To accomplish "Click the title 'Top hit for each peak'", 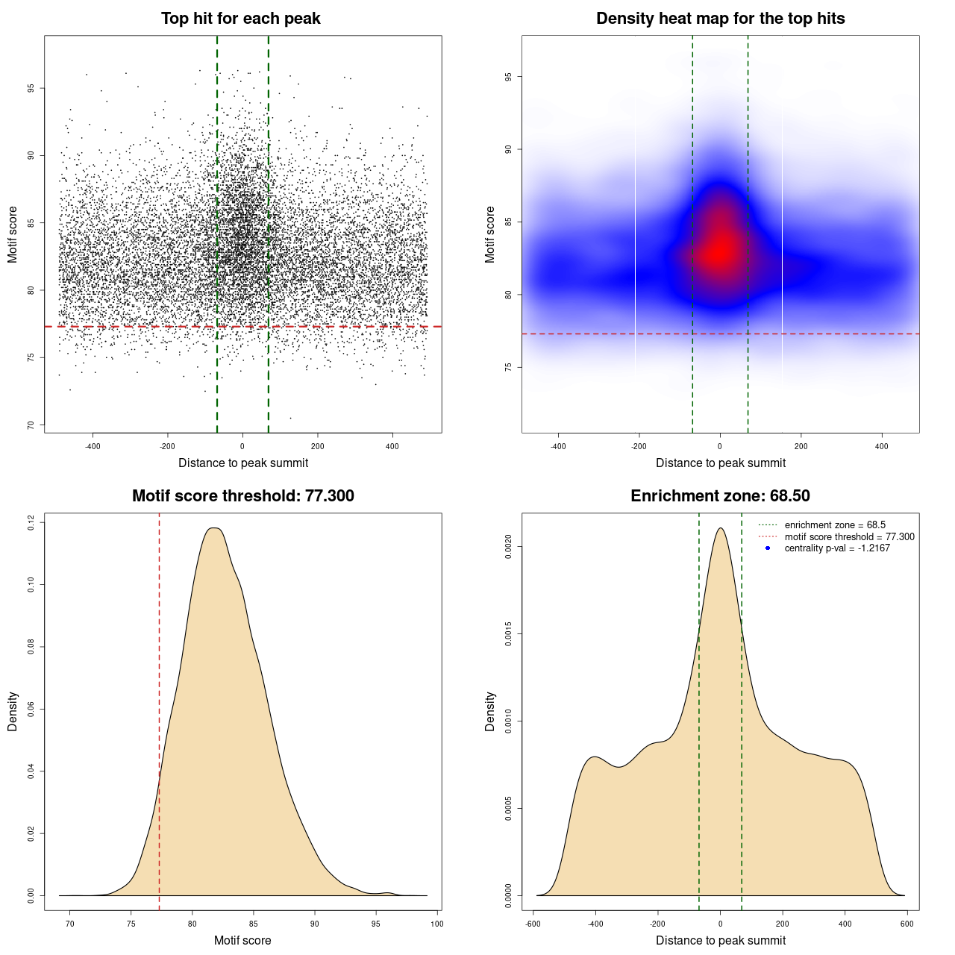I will point(240,19).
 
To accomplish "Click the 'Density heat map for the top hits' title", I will point(720,19).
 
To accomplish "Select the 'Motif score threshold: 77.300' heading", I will point(242,496).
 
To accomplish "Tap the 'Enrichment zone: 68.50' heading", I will point(720,496).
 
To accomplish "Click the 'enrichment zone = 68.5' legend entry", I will point(835,525).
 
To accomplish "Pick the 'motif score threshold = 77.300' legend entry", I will point(849,536).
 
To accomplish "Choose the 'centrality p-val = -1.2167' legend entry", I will point(837,548).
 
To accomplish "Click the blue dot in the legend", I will point(768,548).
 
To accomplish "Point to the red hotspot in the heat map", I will point(719,250).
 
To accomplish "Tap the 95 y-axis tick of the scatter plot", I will point(31,88).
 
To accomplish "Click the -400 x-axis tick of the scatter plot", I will point(93,447).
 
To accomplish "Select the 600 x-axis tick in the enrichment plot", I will point(907,924).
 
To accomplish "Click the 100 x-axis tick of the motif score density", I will point(437,924).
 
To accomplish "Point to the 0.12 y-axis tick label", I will point(31,523).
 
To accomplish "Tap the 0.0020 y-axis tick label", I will point(508,547).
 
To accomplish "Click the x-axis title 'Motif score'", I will point(242,940).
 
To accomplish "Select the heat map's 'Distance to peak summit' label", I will point(720,463).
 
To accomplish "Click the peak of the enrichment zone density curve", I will point(720,528).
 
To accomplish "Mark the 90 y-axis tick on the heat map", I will point(508,149).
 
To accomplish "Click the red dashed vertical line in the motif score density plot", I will point(159,709).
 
